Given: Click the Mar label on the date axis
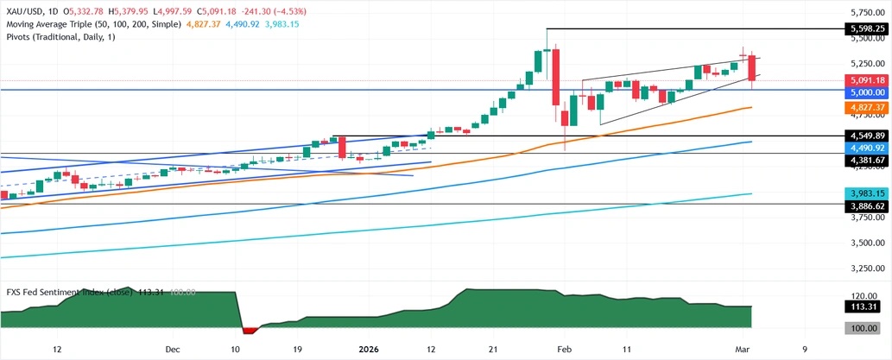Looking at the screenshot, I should (x=743, y=349).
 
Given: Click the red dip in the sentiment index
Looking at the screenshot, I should (x=250, y=330).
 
